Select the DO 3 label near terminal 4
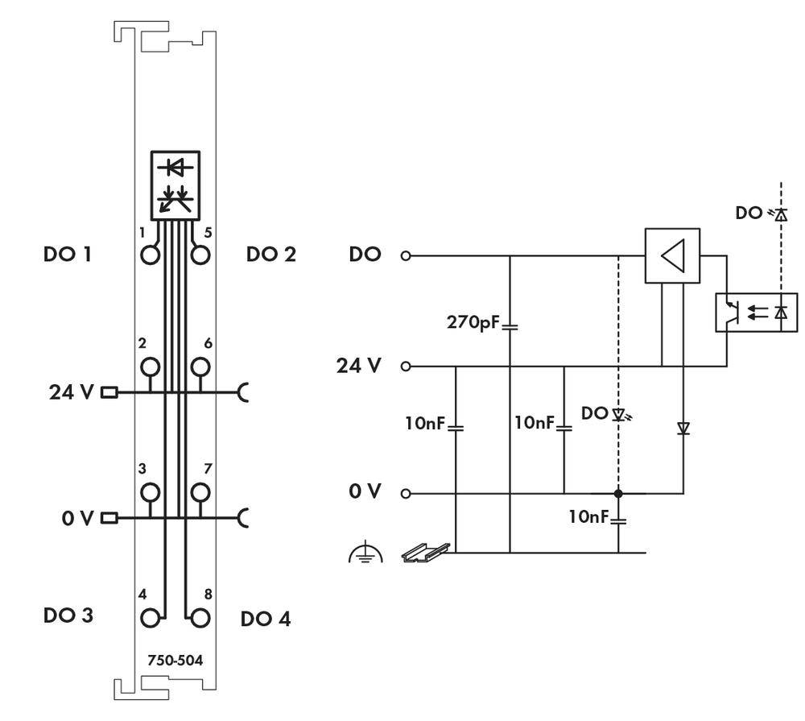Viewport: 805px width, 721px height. [68, 616]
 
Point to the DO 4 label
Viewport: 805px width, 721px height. [266, 619]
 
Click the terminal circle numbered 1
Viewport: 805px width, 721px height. [150, 255]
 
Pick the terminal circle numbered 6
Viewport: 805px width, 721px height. [200, 368]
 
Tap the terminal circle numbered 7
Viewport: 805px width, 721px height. [200, 491]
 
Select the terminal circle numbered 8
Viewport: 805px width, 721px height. [200, 618]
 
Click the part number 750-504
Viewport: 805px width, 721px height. [175, 661]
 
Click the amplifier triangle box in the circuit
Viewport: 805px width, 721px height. [672, 255]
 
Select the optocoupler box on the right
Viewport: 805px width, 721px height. [756, 313]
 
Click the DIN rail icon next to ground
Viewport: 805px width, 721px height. [423, 551]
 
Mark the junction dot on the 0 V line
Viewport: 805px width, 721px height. [618, 493]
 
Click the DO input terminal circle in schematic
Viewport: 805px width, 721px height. [406, 256]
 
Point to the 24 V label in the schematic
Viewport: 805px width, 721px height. [359, 366]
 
